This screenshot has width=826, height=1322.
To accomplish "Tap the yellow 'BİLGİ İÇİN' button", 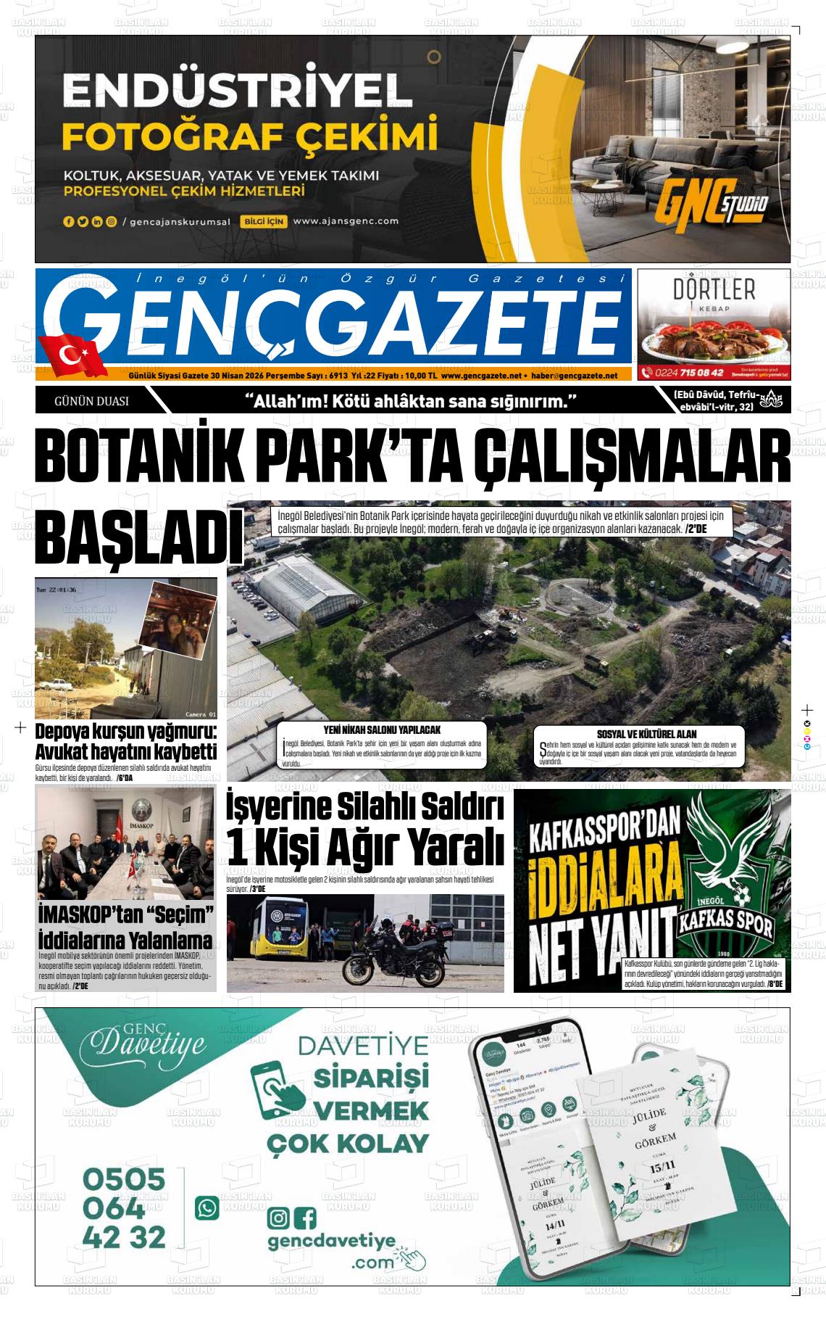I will point(265,221).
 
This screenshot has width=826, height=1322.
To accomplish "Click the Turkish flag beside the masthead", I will point(72,355).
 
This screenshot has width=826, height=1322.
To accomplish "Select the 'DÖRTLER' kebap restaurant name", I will point(714,290).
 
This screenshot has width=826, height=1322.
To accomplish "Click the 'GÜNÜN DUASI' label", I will point(91,401).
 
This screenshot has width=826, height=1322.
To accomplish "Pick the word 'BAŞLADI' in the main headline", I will point(138,537).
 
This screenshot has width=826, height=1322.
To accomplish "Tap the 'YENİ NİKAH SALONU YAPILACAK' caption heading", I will point(381,730).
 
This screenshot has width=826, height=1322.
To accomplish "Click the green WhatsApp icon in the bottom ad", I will point(207,1207).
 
